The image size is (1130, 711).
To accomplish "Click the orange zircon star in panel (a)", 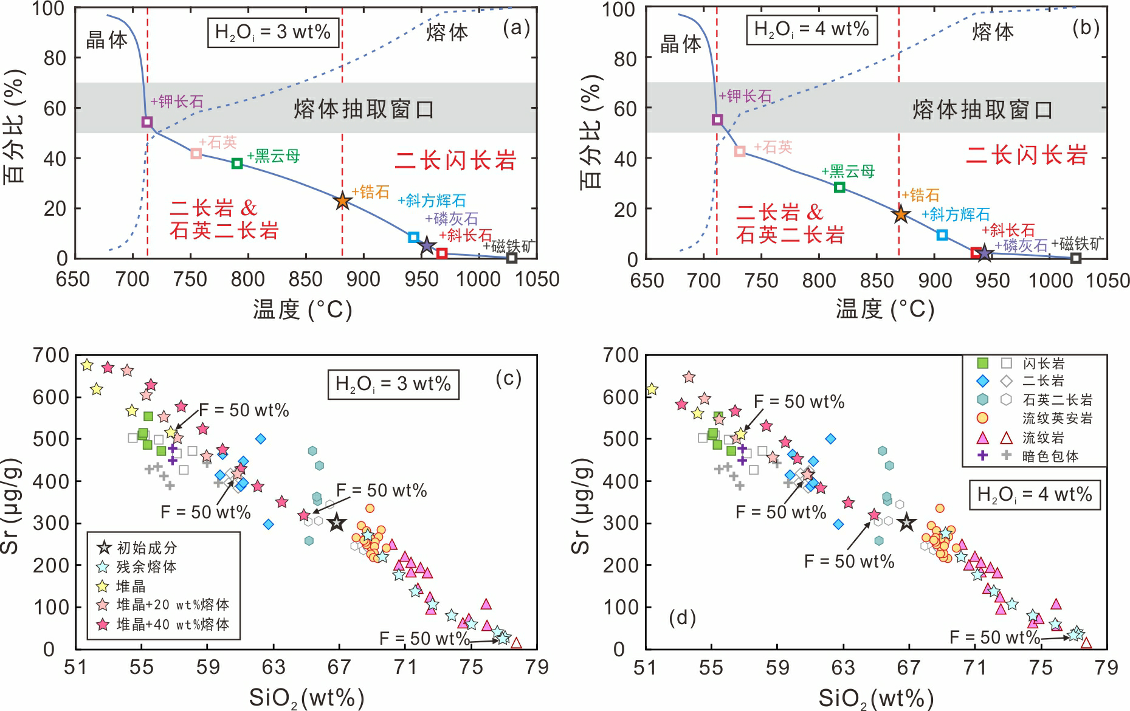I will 342,201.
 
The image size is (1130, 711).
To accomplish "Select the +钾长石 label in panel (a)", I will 177,101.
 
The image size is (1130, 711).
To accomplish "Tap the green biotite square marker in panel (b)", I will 839,187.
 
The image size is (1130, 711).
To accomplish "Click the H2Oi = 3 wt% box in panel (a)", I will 273,32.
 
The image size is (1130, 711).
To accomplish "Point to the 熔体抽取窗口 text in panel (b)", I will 982,110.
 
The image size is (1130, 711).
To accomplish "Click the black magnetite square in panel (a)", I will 512,258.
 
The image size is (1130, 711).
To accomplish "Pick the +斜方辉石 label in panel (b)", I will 956,215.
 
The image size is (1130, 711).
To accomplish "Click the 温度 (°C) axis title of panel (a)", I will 303,310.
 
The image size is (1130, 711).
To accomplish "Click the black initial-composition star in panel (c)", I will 337,523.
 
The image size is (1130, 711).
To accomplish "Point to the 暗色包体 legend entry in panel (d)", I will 1050,456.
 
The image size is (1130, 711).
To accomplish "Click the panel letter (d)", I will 681,619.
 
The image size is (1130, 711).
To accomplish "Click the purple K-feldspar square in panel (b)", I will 717,120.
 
